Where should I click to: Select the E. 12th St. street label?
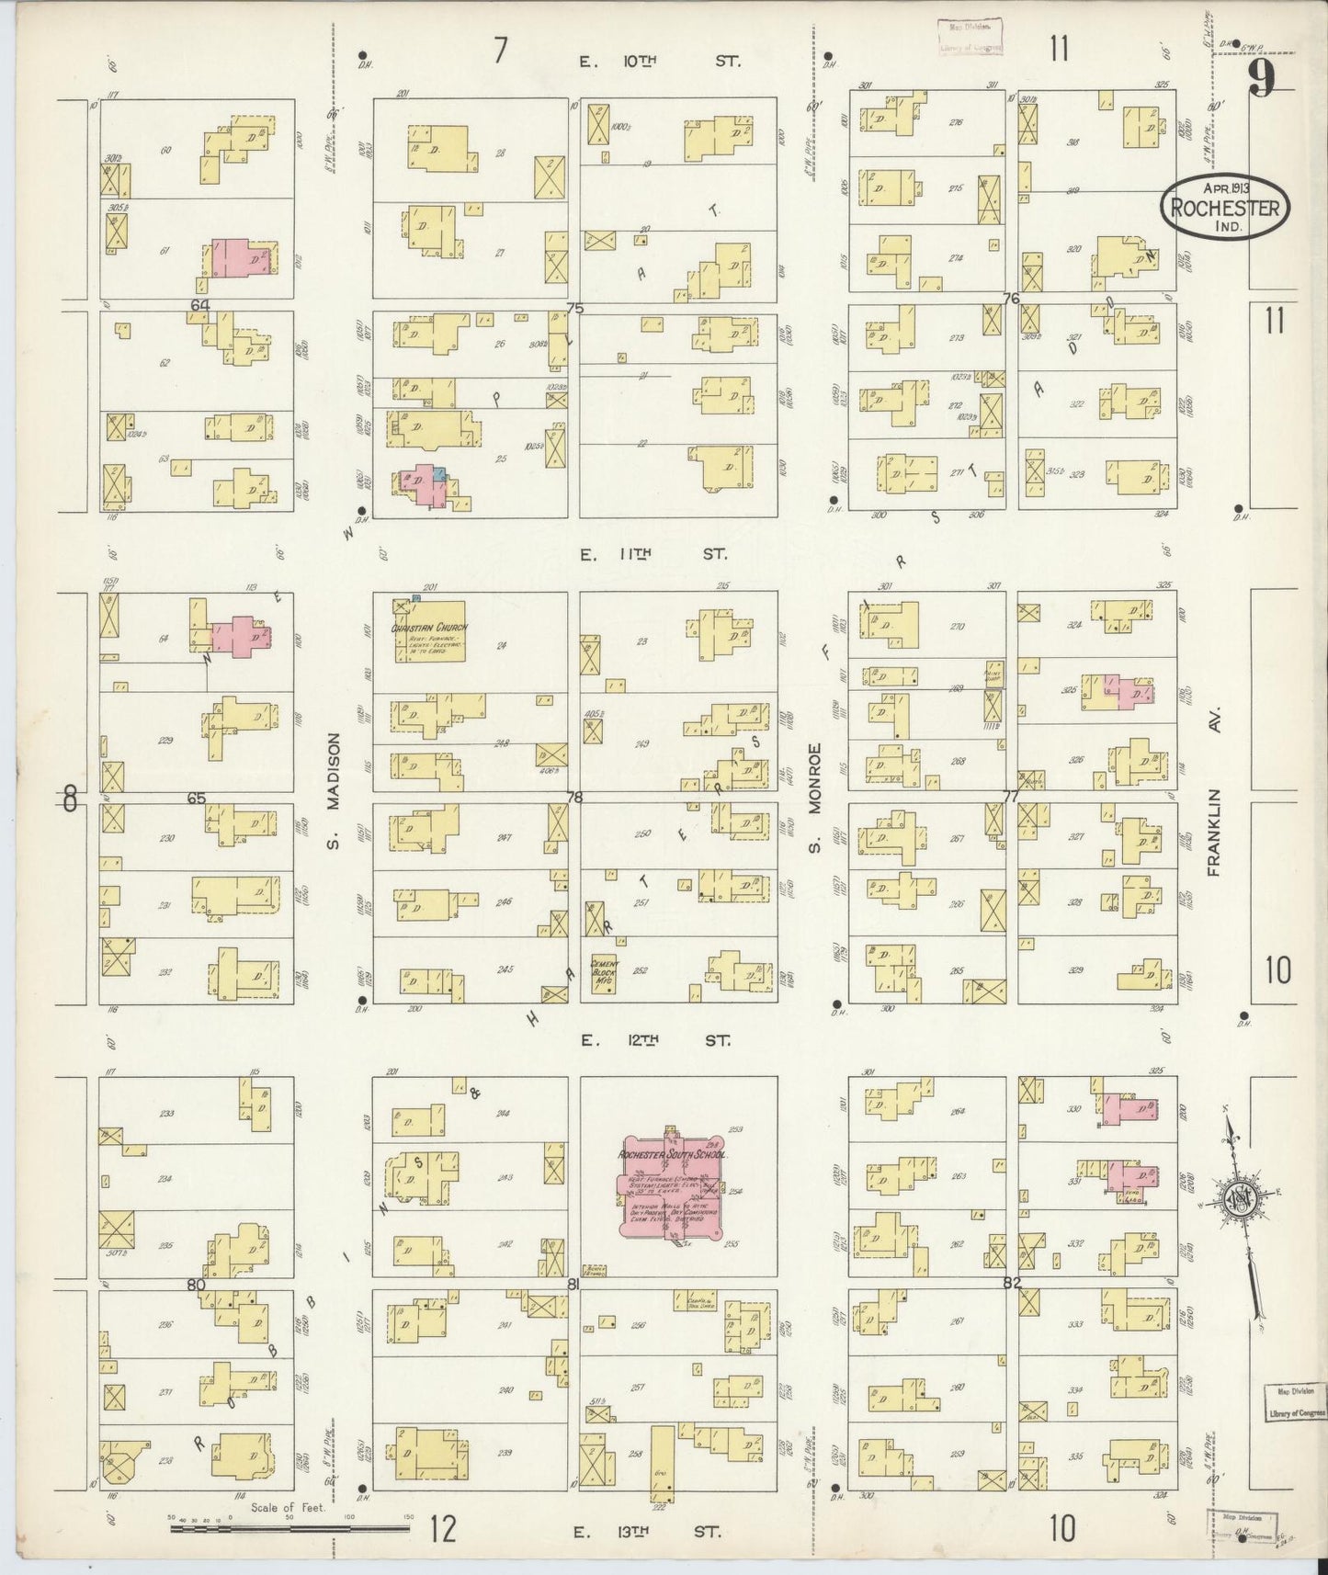pyautogui.click(x=654, y=1041)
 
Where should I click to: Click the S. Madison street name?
pyautogui.click(x=334, y=791)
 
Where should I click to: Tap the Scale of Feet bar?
pyautogui.click(x=289, y=1529)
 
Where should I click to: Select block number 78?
pyautogui.click(x=575, y=798)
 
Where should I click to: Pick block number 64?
pyautogui.click(x=200, y=305)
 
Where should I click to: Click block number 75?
pyautogui.click(x=575, y=309)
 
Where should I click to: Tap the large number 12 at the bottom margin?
pyautogui.click(x=443, y=1529)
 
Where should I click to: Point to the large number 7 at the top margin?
pyautogui.click(x=499, y=51)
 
